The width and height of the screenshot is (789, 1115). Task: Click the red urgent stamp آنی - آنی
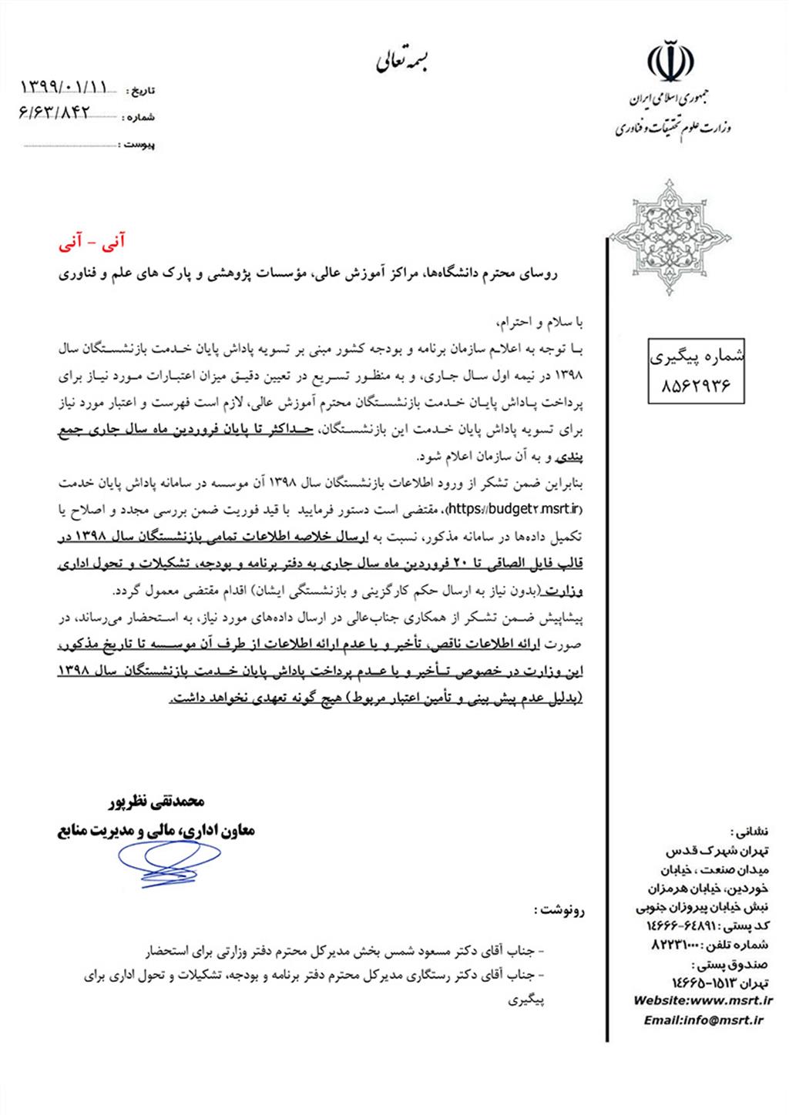pos(92,243)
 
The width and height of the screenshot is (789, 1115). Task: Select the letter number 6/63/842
pos(55,113)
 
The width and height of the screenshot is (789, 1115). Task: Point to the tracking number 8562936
pos(696,383)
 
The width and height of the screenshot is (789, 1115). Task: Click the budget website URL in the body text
pos(502,508)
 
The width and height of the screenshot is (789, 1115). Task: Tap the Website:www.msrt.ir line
pos(702,1001)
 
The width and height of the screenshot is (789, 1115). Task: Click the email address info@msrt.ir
pos(703,1020)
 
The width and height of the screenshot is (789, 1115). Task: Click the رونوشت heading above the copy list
pos(559,910)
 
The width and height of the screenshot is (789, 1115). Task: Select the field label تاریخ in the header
pos(142,91)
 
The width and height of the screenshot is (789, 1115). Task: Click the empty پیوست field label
pos(139,145)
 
